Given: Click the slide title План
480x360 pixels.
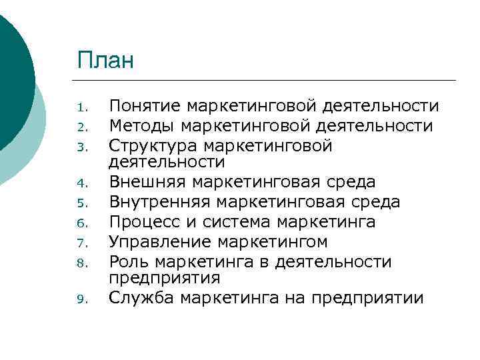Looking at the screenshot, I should click(x=105, y=61).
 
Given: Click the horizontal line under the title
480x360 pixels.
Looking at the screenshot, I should click(x=267, y=80).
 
